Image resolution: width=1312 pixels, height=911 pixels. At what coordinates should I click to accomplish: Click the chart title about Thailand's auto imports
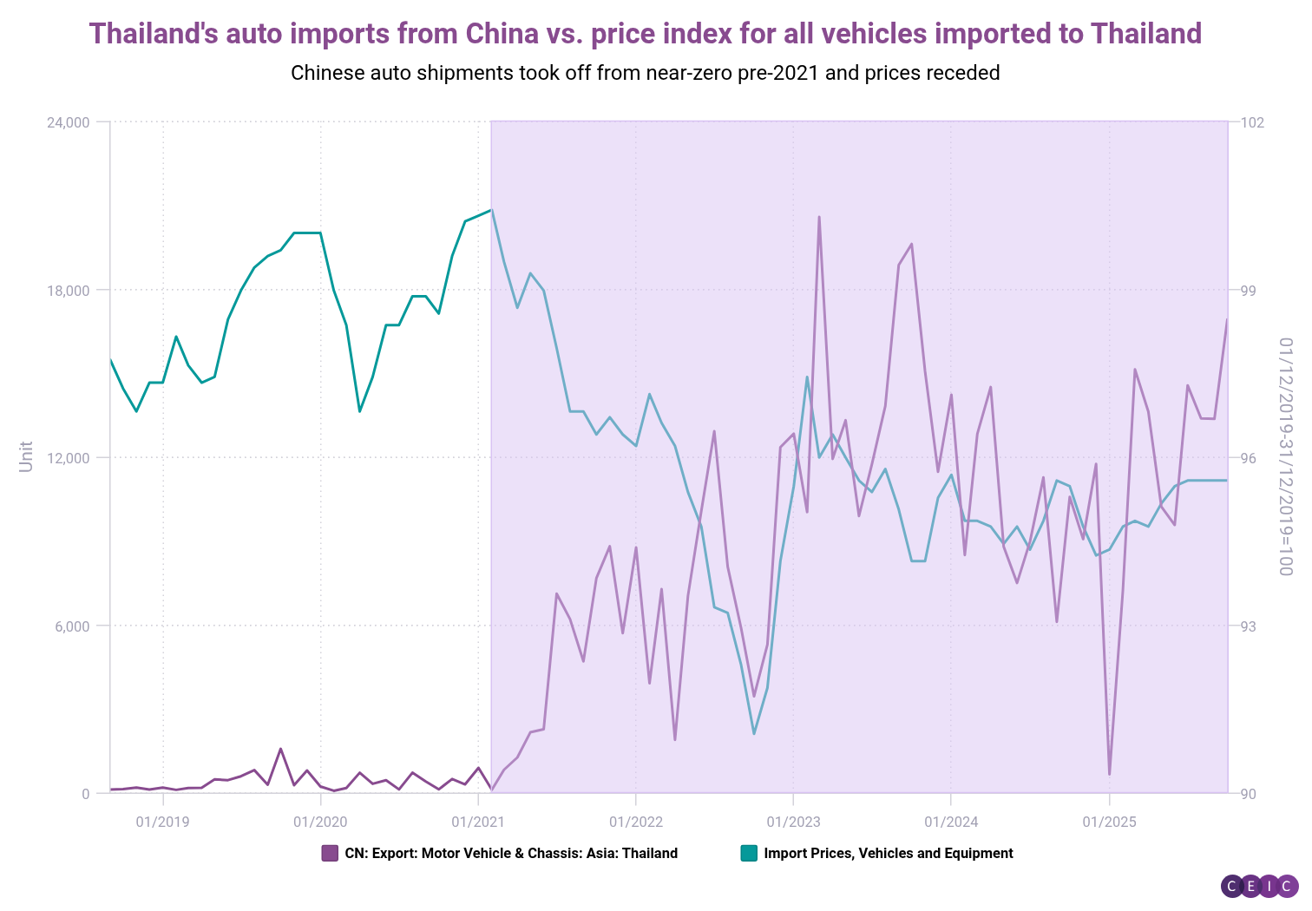pyautogui.click(x=645, y=34)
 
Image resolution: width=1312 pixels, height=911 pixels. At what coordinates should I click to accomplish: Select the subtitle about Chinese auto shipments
pyautogui.click(x=645, y=73)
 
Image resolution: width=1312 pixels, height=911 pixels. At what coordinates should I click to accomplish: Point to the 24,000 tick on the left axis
pyautogui.click(x=69, y=122)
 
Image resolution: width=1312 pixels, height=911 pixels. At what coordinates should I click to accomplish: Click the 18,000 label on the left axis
pyautogui.click(x=69, y=290)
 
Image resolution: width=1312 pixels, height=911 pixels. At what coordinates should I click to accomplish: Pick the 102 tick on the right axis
pyautogui.click(x=1252, y=122)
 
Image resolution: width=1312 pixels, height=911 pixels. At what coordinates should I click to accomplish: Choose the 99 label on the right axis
pyautogui.click(x=1249, y=290)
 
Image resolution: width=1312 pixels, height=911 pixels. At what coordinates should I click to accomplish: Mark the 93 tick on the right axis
pyautogui.click(x=1249, y=626)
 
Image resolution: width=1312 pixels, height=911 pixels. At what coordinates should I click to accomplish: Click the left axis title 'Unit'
pyautogui.click(x=26, y=456)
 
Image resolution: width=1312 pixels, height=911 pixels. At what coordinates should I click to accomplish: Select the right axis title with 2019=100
pyautogui.click(x=1285, y=456)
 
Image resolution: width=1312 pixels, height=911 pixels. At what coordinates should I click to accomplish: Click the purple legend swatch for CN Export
pyautogui.click(x=330, y=853)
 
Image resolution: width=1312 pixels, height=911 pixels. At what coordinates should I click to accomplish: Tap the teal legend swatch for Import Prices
pyautogui.click(x=749, y=853)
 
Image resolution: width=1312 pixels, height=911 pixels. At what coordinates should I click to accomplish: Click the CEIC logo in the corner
pyautogui.click(x=1259, y=886)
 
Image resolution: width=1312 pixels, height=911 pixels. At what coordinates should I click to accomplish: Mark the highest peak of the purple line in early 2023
pyautogui.click(x=819, y=217)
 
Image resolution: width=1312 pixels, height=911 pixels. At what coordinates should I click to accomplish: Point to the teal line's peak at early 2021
pyautogui.click(x=491, y=210)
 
